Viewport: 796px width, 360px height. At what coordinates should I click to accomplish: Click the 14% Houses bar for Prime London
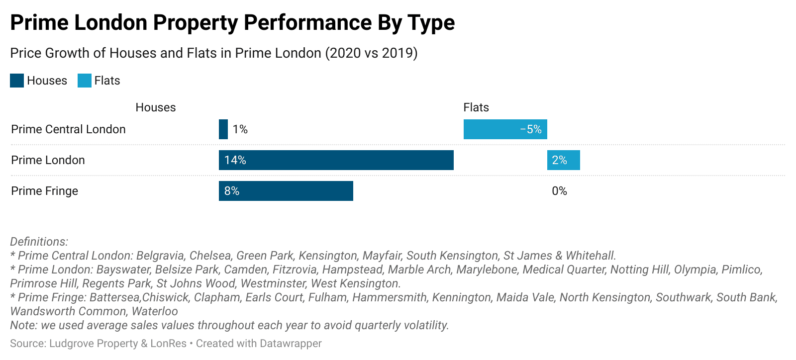pyautogui.click(x=336, y=160)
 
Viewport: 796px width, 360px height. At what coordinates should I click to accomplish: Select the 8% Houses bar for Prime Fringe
pyautogui.click(x=286, y=191)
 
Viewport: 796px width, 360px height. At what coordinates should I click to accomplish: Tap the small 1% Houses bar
pyautogui.click(x=223, y=129)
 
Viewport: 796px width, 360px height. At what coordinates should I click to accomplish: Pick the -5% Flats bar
pyautogui.click(x=505, y=129)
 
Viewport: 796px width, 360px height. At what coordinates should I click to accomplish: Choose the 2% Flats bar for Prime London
pyautogui.click(x=563, y=160)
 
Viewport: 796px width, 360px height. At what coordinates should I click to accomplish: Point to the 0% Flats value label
pyautogui.click(x=559, y=191)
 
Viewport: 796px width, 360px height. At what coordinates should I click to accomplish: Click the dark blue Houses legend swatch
pyautogui.click(x=17, y=81)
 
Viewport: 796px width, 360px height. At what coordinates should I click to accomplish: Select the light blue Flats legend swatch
pyautogui.click(x=85, y=81)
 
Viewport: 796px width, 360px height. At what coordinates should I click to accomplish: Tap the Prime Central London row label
pyautogui.click(x=68, y=129)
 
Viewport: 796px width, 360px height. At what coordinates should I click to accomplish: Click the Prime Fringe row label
pyautogui.click(x=45, y=191)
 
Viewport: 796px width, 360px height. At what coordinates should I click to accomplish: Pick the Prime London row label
pyautogui.click(x=48, y=160)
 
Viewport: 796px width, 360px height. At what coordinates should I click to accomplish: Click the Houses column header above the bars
pyautogui.click(x=156, y=107)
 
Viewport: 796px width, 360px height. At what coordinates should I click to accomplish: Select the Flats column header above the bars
pyautogui.click(x=476, y=107)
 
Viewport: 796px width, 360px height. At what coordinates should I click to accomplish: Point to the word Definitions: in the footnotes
pyautogui.click(x=39, y=242)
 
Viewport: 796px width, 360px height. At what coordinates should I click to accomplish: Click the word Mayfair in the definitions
pyautogui.click(x=382, y=256)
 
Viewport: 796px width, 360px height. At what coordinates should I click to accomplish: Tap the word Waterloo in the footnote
pyautogui.click(x=155, y=311)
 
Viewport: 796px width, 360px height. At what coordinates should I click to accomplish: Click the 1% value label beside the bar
pyautogui.click(x=240, y=129)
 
